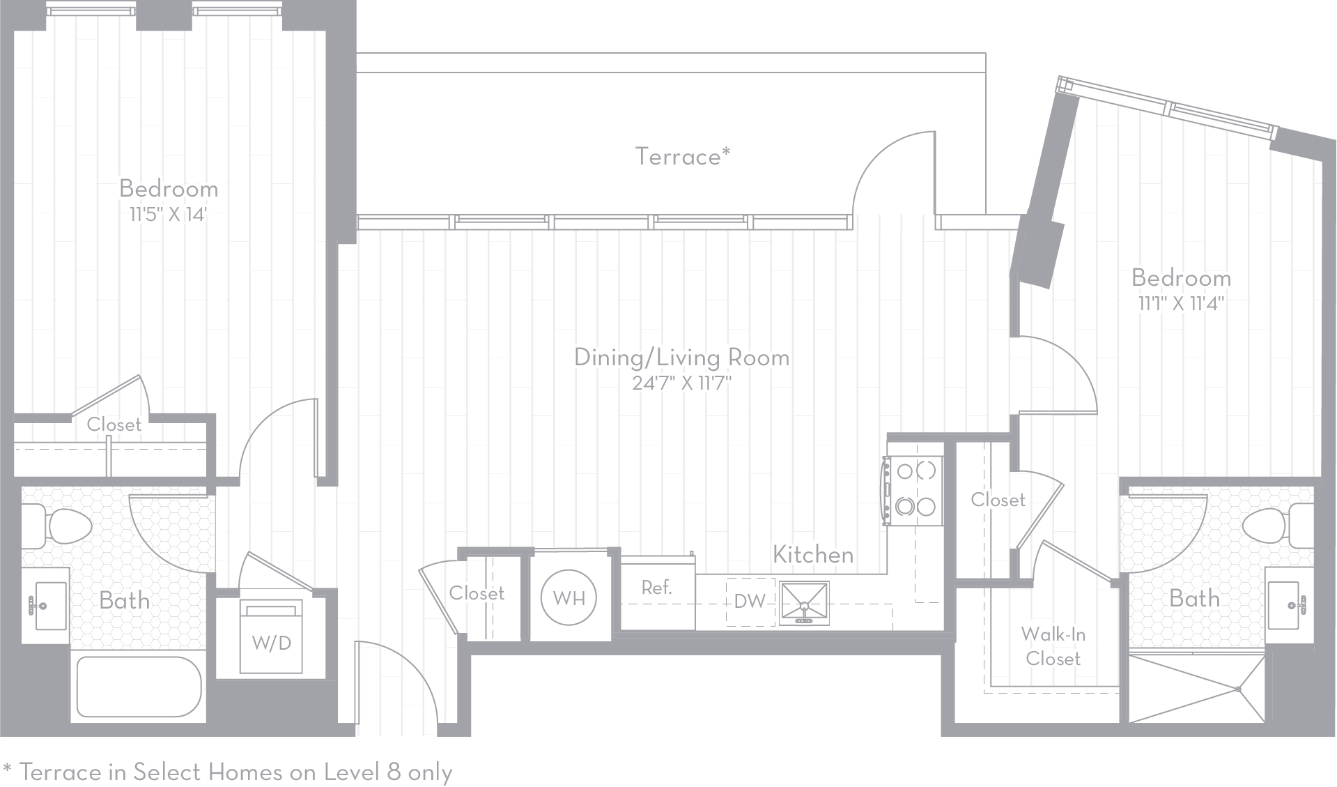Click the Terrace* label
pos(682,157)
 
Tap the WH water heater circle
pos(569,598)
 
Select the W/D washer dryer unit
pos(272,638)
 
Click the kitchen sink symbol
pos(804,603)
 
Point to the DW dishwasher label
pos(750,602)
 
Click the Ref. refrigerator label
pos(656,588)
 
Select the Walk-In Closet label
pos(1053,646)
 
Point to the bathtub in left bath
pos(139,686)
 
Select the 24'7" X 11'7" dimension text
pos(681,383)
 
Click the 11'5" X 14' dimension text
pos(169,214)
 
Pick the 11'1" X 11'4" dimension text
pos(1181,304)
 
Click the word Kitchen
pos(813,555)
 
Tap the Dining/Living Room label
pos(681,358)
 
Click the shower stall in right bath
pos(1196,689)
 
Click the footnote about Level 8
pos(228,772)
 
